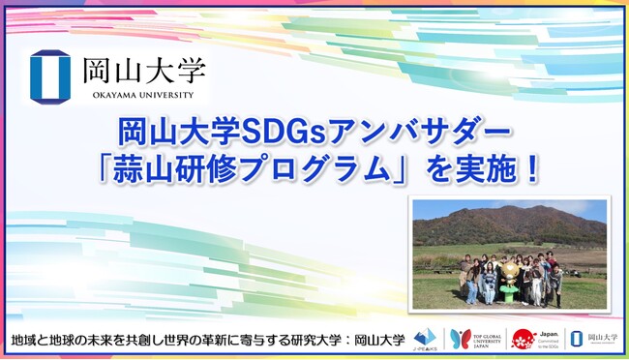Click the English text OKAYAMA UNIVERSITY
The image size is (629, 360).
137,94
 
